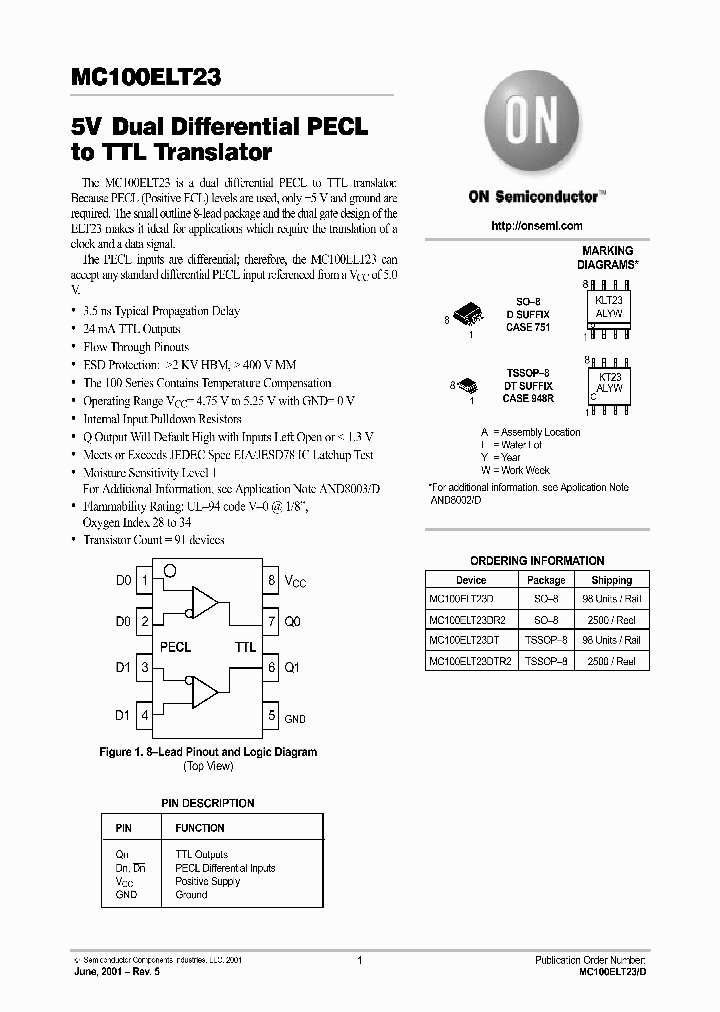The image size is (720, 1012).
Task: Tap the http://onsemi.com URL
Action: pos(537,226)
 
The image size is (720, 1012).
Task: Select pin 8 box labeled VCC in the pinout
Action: pos(270,579)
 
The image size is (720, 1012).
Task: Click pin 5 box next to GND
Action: pos(270,715)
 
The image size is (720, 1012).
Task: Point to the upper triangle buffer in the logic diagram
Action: pos(206,602)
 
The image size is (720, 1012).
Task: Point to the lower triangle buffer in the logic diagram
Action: pos(206,691)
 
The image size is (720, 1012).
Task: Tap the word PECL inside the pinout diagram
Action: pos(175,647)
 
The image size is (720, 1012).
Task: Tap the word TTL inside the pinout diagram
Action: pos(245,647)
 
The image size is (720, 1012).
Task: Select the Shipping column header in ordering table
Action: pos(611,580)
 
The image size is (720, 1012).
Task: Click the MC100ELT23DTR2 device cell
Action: pos(470,661)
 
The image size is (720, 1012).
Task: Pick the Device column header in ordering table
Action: pos(471,580)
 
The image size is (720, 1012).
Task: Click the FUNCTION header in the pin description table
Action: pos(200,828)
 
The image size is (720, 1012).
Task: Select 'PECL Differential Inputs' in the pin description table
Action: pos(225,868)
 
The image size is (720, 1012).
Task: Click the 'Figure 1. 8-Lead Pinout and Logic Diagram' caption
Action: pos(208,752)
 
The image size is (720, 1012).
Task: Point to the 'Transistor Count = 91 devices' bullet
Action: pos(154,540)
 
